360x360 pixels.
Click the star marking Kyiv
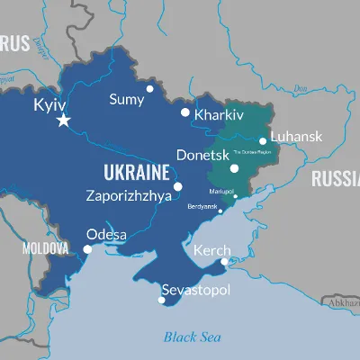coord(63,120)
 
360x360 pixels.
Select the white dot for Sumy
coord(150,89)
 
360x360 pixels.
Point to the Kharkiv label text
coord(220,116)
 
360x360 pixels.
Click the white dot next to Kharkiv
coord(185,112)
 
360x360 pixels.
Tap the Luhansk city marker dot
coord(263,140)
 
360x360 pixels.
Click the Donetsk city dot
coord(234,167)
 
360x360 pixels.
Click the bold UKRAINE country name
coord(137,172)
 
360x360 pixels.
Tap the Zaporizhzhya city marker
coord(177,186)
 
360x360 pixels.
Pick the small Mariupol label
coord(222,191)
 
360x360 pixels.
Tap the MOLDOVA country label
coord(45,247)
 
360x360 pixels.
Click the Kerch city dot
coord(224,262)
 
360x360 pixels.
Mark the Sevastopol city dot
coord(162,300)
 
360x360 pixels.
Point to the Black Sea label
coord(193,337)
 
